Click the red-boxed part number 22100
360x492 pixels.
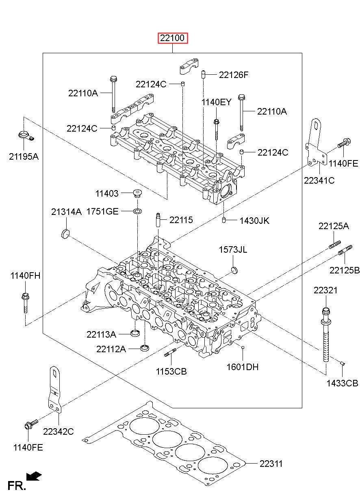tap(173, 38)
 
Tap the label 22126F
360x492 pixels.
tap(234, 75)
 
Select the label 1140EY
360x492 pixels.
tap(216, 102)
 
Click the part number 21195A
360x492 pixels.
tap(24, 156)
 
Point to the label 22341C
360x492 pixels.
tap(319, 180)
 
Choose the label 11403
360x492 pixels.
tap(107, 193)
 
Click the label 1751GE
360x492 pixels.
tap(102, 212)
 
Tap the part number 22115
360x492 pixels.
tap(181, 220)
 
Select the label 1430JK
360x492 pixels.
tap(254, 221)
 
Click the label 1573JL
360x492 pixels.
tap(233, 249)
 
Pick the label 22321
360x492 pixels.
tap(325, 290)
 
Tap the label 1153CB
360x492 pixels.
tap(171, 371)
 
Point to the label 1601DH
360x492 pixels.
tap(242, 367)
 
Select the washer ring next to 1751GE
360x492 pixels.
tap(137, 211)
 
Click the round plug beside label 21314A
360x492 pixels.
tap(65, 233)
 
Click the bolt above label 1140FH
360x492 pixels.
tap(25, 303)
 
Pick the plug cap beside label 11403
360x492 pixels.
tap(137, 193)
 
